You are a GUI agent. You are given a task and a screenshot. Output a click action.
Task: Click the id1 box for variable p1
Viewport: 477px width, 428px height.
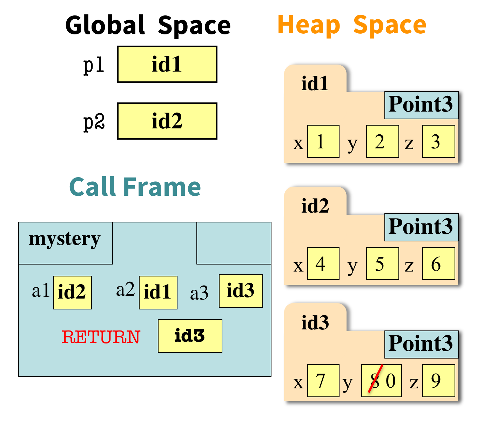pos(167,65)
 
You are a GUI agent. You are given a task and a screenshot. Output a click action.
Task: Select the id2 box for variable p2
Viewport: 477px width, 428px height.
pos(167,121)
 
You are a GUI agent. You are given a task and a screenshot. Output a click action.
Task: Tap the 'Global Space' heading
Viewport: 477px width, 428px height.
pos(148,25)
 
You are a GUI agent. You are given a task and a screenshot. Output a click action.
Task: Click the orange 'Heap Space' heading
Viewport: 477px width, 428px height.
pos(351,25)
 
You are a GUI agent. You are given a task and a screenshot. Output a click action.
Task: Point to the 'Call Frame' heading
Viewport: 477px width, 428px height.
pos(135,187)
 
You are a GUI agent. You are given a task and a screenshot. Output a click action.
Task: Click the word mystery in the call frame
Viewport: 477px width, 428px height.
pos(65,240)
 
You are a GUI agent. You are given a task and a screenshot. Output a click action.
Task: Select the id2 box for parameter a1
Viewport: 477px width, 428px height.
pos(72,292)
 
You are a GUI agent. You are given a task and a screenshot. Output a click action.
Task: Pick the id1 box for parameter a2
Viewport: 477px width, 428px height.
pos(158,292)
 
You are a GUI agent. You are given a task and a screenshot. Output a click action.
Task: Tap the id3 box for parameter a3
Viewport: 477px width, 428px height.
pos(241,291)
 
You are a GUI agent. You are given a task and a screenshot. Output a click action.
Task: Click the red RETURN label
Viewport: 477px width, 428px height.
pos(101,337)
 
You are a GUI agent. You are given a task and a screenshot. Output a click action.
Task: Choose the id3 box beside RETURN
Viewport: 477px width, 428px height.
pos(190,336)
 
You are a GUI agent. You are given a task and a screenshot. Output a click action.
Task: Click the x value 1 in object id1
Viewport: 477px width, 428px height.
pos(323,141)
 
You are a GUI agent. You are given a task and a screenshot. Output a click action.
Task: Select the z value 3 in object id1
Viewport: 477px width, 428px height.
pos(438,141)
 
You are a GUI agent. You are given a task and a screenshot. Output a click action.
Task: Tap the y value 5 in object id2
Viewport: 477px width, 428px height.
pos(382,263)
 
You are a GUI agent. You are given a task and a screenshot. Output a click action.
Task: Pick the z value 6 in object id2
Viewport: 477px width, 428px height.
pos(438,263)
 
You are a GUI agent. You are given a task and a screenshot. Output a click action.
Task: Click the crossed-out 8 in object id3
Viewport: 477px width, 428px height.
pos(375,381)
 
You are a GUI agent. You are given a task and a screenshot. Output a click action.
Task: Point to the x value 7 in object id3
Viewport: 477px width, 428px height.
pos(323,381)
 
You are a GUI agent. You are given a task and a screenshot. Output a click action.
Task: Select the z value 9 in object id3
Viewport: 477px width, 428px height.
pos(438,381)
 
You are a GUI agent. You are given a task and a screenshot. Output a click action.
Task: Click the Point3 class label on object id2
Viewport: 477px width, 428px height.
pos(421,227)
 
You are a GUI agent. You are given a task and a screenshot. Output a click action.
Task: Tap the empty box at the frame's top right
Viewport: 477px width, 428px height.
pos(234,243)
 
